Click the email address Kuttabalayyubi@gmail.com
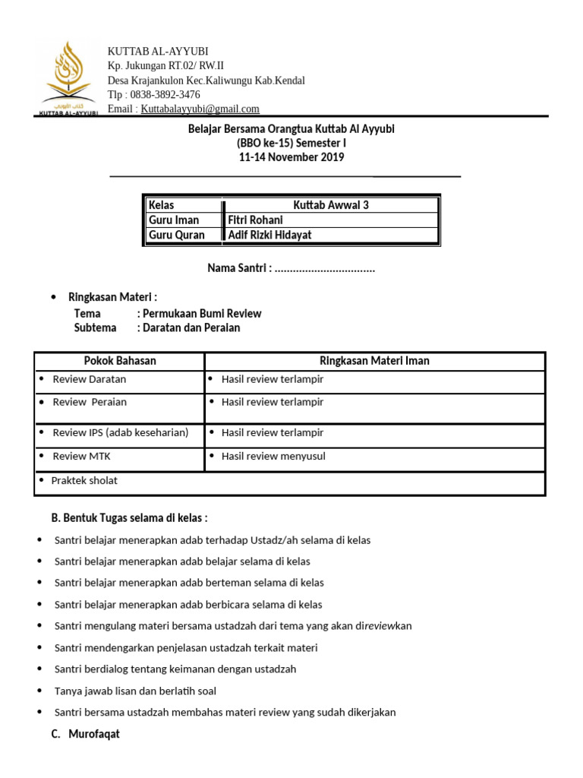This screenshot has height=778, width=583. (200, 109)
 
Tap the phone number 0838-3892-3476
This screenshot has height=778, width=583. (165, 95)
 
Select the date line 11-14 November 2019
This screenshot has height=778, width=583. (291, 158)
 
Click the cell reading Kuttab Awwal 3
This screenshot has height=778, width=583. (331, 205)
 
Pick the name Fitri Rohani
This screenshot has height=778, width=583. (255, 220)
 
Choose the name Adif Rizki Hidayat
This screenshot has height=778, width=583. (270, 236)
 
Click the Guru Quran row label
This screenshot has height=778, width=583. (177, 236)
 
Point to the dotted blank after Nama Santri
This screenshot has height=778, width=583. (325, 269)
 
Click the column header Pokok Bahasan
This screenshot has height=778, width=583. (120, 361)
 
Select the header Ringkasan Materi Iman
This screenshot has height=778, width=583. (374, 361)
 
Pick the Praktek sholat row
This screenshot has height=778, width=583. (84, 481)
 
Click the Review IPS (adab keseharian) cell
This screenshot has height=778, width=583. (120, 433)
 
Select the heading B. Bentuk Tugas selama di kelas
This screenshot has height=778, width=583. (129, 518)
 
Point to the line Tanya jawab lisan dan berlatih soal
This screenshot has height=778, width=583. (135, 691)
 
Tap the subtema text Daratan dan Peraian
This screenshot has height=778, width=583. (188, 328)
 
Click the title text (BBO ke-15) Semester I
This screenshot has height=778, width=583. (291, 144)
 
